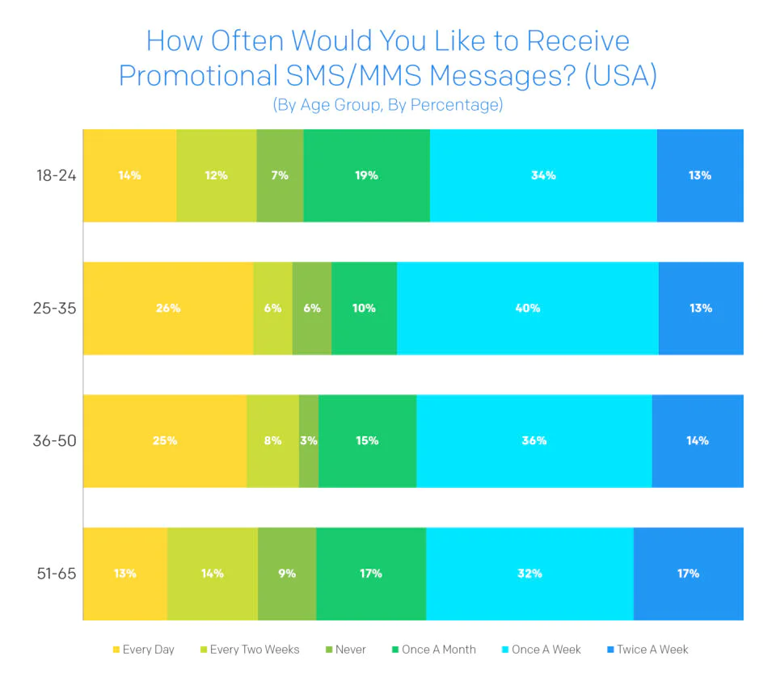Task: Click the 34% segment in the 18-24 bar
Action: [x=543, y=175]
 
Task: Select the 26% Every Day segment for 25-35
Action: [x=168, y=308]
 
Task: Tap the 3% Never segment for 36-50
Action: [x=309, y=440]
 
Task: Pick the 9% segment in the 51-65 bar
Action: [x=287, y=574]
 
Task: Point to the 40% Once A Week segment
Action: [x=528, y=308]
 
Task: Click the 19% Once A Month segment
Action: [x=367, y=175]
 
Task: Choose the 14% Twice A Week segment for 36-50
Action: [x=698, y=440]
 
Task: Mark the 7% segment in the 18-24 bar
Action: [x=280, y=175]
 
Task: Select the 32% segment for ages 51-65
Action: [x=529, y=574]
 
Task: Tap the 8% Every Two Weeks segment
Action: [x=272, y=440]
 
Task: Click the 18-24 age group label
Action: [x=55, y=175]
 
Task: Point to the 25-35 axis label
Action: [x=55, y=308]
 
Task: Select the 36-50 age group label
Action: [x=55, y=441]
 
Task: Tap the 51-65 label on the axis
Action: [x=55, y=574]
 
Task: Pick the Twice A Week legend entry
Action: [x=647, y=650]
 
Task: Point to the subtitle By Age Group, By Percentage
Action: [x=387, y=105]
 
